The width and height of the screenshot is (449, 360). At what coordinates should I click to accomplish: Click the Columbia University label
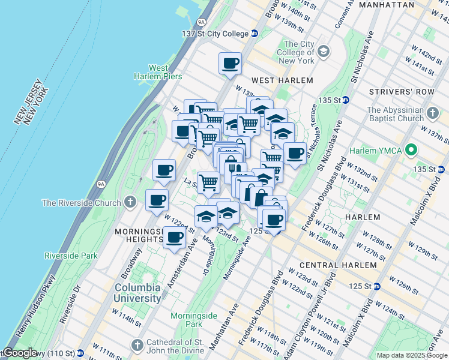click(x=138, y=292)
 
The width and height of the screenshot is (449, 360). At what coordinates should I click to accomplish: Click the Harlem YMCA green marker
click(x=411, y=149)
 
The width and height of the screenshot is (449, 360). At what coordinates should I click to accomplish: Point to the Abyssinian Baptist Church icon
click(x=435, y=112)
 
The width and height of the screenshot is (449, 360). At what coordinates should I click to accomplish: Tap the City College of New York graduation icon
click(x=324, y=52)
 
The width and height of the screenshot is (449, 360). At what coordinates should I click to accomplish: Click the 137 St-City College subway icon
click(x=255, y=34)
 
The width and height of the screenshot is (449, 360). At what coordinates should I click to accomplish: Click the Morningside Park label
click(x=193, y=319)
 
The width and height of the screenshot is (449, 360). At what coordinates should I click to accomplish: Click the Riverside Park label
click(x=71, y=256)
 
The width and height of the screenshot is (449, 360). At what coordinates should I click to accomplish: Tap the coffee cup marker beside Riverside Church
click(x=157, y=199)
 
